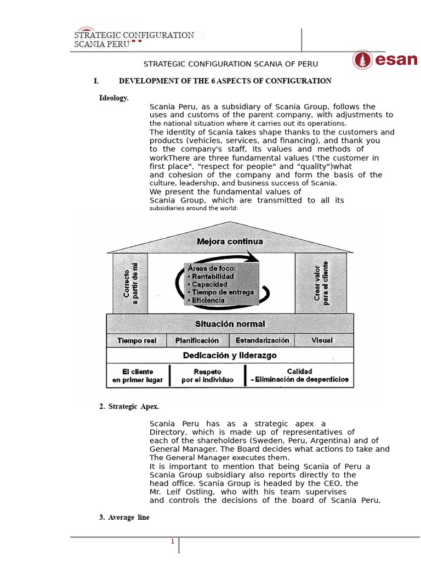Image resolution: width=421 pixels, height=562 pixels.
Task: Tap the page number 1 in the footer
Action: pos(172,542)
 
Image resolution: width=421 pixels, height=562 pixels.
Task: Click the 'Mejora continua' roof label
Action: pos(230,241)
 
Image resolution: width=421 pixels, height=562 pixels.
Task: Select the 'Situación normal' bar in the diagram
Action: pos(230,324)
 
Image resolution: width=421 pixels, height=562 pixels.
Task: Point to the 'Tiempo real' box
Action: pos(136,340)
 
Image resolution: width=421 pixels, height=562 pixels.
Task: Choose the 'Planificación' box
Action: pos(197,340)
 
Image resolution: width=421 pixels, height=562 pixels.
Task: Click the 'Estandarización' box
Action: pos(262,340)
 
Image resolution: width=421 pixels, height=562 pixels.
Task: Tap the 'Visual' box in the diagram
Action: pos(322,340)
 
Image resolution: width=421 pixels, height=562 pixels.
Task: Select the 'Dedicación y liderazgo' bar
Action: pos(230,356)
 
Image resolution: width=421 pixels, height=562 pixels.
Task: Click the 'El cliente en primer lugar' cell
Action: pos(138,375)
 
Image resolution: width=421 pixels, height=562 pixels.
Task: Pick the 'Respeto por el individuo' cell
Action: pos(207,375)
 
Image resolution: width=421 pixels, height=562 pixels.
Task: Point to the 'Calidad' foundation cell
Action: pos(299,375)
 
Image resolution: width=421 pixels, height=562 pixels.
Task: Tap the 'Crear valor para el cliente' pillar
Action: pos(321,283)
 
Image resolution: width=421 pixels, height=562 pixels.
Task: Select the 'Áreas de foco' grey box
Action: pos(221,284)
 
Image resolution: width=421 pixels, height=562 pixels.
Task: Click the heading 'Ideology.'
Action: pos(113,98)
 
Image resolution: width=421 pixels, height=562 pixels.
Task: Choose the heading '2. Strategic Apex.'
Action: pos(129,406)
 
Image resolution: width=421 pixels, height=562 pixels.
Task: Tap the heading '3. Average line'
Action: pos(124,518)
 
